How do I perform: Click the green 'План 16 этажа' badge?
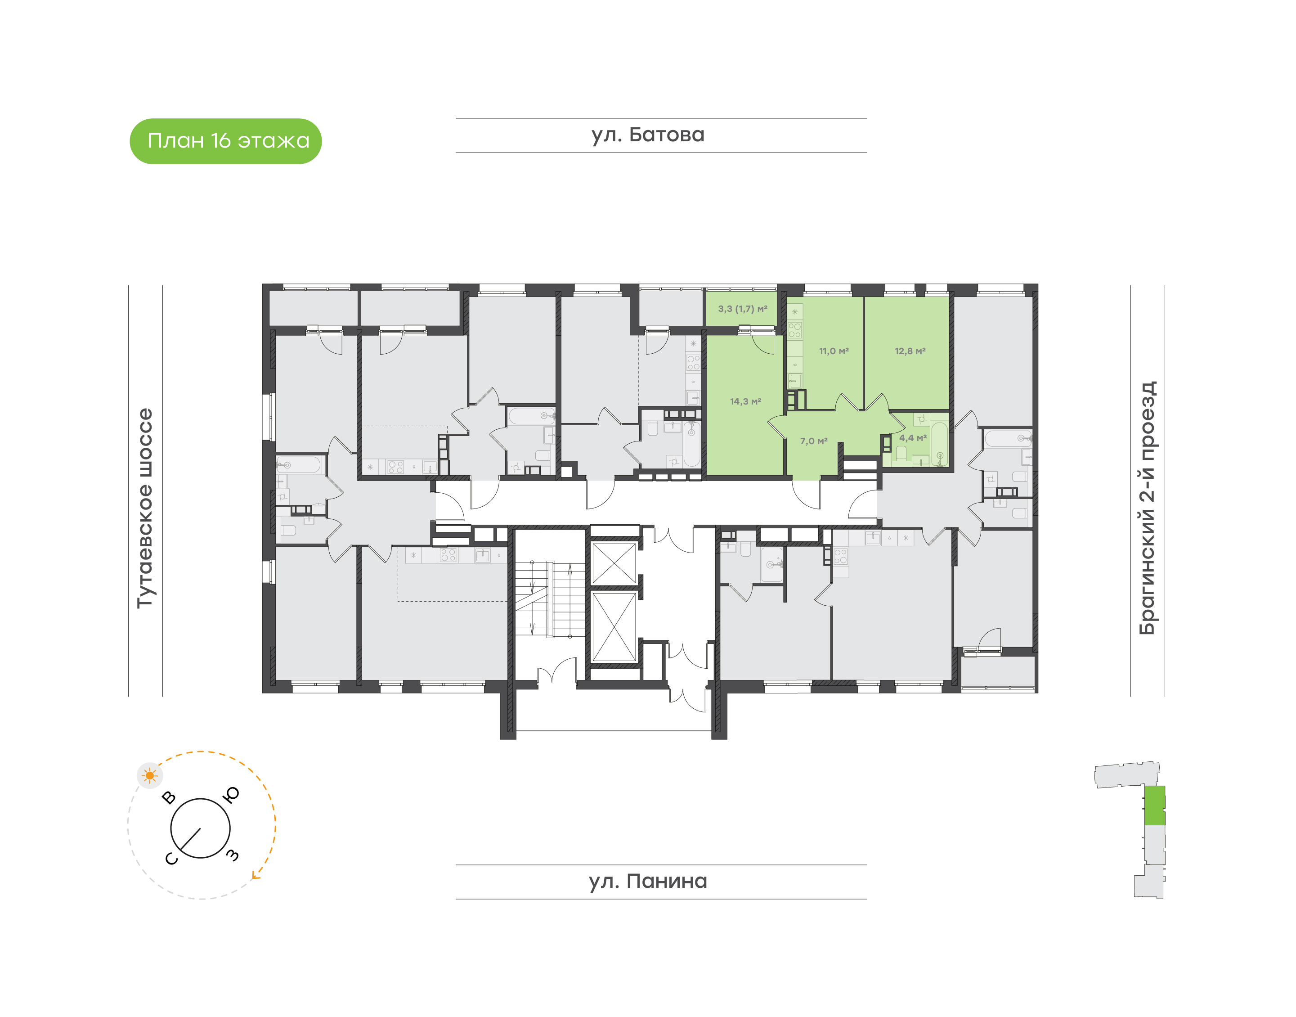pyautogui.click(x=226, y=141)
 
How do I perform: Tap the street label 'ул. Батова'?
pyautogui.click(x=647, y=135)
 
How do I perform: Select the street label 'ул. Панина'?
pyautogui.click(x=647, y=881)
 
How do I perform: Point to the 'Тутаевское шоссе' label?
pyautogui.click(x=145, y=508)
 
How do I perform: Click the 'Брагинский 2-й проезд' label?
pyautogui.click(x=1147, y=508)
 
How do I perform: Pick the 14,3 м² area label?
pyautogui.click(x=745, y=402)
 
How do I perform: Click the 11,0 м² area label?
pyautogui.click(x=834, y=351)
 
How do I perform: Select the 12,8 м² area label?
pyautogui.click(x=910, y=351)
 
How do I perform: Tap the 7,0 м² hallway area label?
pyautogui.click(x=813, y=441)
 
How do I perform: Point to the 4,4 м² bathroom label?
pyautogui.click(x=912, y=438)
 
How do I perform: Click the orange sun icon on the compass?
pyautogui.click(x=149, y=775)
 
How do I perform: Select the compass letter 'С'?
pyautogui.click(x=171, y=859)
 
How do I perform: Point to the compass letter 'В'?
pyautogui.click(x=169, y=797)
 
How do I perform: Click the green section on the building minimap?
pyautogui.click(x=1154, y=805)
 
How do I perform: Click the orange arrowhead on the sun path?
pyautogui.click(x=256, y=875)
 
